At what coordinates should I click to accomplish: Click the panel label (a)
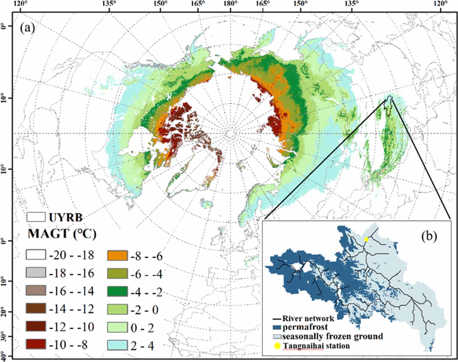click(x=27, y=28)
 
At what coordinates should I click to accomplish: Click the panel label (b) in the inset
click(x=429, y=236)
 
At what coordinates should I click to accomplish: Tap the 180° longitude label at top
click(x=230, y=4)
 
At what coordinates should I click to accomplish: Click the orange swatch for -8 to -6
click(x=117, y=256)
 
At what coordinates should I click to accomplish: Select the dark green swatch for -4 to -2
click(x=117, y=292)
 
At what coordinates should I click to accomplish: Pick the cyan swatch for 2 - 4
click(x=117, y=345)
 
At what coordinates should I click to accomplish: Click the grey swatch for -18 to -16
click(x=36, y=273)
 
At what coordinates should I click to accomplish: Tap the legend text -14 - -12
click(x=72, y=309)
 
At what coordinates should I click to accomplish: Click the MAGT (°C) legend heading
click(x=62, y=234)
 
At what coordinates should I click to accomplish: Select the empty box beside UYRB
click(x=36, y=217)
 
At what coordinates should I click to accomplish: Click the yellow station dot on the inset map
click(x=366, y=239)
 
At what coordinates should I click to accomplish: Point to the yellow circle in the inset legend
click(x=277, y=346)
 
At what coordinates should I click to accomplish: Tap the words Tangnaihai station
click(x=316, y=346)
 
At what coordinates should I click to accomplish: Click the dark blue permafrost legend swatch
click(x=277, y=327)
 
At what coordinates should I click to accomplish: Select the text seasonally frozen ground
click(x=332, y=336)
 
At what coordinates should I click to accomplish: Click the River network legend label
click(x=308, y=318)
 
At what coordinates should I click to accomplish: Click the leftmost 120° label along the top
click(x=21, y=4)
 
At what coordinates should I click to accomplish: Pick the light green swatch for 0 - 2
click(x=117, y=327)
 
